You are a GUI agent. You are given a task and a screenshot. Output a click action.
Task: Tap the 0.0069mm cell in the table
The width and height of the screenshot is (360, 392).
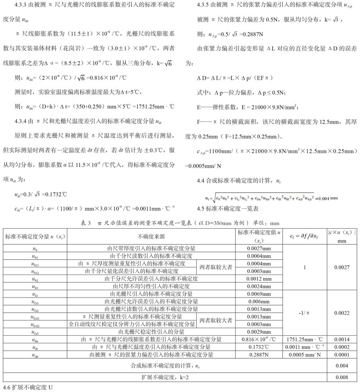coord(259,293)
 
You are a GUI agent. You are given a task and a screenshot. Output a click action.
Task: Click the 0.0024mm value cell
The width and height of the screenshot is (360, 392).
coord(259,286)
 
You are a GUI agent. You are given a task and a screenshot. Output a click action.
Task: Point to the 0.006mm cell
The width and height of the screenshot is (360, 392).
coord(258,301)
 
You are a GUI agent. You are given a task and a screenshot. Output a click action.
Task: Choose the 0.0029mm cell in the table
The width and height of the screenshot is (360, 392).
coord(259,331)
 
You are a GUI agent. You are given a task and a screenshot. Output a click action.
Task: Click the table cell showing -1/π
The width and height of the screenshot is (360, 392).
coord(305,312)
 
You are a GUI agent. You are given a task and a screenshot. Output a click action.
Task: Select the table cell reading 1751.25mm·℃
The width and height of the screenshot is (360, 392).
coord(305,339)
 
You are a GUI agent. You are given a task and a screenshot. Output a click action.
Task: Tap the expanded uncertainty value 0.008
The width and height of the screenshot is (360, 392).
coord(343,377)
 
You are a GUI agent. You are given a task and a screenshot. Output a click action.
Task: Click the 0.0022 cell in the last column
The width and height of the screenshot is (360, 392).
coord(343,312)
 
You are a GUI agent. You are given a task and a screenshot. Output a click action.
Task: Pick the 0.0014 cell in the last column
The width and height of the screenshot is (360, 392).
coord(343,339)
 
